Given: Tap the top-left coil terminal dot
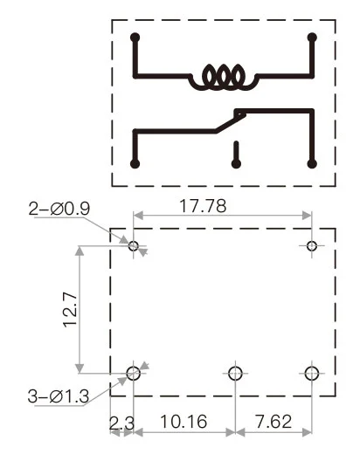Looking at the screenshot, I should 135,38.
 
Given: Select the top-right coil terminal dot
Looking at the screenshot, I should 313,38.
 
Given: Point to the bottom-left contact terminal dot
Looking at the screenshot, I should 135,163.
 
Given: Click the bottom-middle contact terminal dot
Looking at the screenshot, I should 235,163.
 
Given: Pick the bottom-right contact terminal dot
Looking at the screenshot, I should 313,163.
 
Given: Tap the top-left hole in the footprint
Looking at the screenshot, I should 134,246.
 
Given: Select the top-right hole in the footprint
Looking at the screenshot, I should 312,246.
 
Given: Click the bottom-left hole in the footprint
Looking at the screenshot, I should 134,374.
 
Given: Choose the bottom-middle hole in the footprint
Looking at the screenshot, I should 234,374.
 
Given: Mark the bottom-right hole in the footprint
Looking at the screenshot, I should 312,374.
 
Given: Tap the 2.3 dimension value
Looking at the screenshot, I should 121,423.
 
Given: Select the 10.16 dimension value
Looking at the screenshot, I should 184,423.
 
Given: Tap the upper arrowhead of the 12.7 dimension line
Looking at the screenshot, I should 80,251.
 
